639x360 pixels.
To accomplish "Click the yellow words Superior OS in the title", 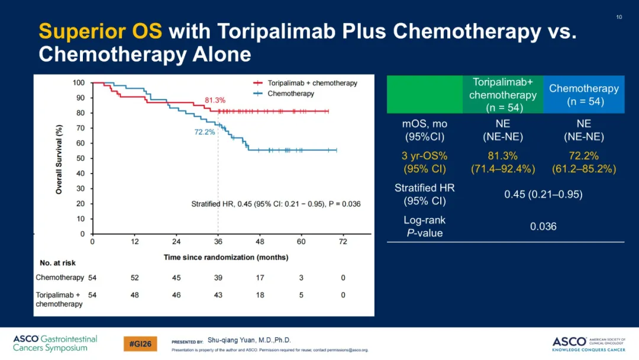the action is (100, 31).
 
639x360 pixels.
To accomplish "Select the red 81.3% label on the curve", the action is (215, 100).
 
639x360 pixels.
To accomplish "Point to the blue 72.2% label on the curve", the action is (204, 132).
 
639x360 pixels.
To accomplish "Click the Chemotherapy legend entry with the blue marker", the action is (283, 94).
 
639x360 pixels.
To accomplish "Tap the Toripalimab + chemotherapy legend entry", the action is (305, 83).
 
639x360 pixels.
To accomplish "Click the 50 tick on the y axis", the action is (80, 158).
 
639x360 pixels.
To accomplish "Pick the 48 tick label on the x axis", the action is (260, 242).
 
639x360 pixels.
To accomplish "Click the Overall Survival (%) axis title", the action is (59, 159).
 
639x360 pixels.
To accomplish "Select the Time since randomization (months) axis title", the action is (226, 257).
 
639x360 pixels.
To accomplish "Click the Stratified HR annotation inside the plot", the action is (276, 204).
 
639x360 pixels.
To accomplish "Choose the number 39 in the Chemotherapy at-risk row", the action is (218, 278).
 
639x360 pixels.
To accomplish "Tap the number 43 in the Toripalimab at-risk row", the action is (218, 295).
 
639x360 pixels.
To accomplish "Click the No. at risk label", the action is (57, 263).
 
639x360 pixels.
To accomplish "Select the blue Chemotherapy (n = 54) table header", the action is (583, 95).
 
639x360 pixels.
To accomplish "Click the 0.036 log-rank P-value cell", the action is (543, 227).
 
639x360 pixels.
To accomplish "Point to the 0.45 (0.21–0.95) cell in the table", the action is (543, 194).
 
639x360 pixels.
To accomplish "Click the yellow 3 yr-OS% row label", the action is (425, 162).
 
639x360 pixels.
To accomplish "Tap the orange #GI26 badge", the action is (140, 344).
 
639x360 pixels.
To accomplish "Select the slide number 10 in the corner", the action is (619, 17).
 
